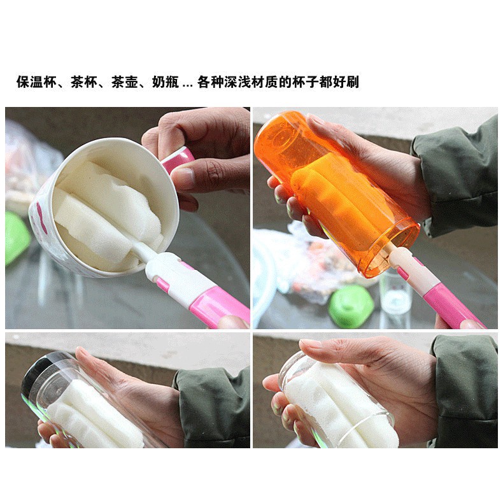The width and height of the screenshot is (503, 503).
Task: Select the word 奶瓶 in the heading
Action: [x=166, y=81]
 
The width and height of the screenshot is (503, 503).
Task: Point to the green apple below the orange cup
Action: [x=351, y=306]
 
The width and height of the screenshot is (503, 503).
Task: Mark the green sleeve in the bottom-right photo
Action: [x=464, y=392]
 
